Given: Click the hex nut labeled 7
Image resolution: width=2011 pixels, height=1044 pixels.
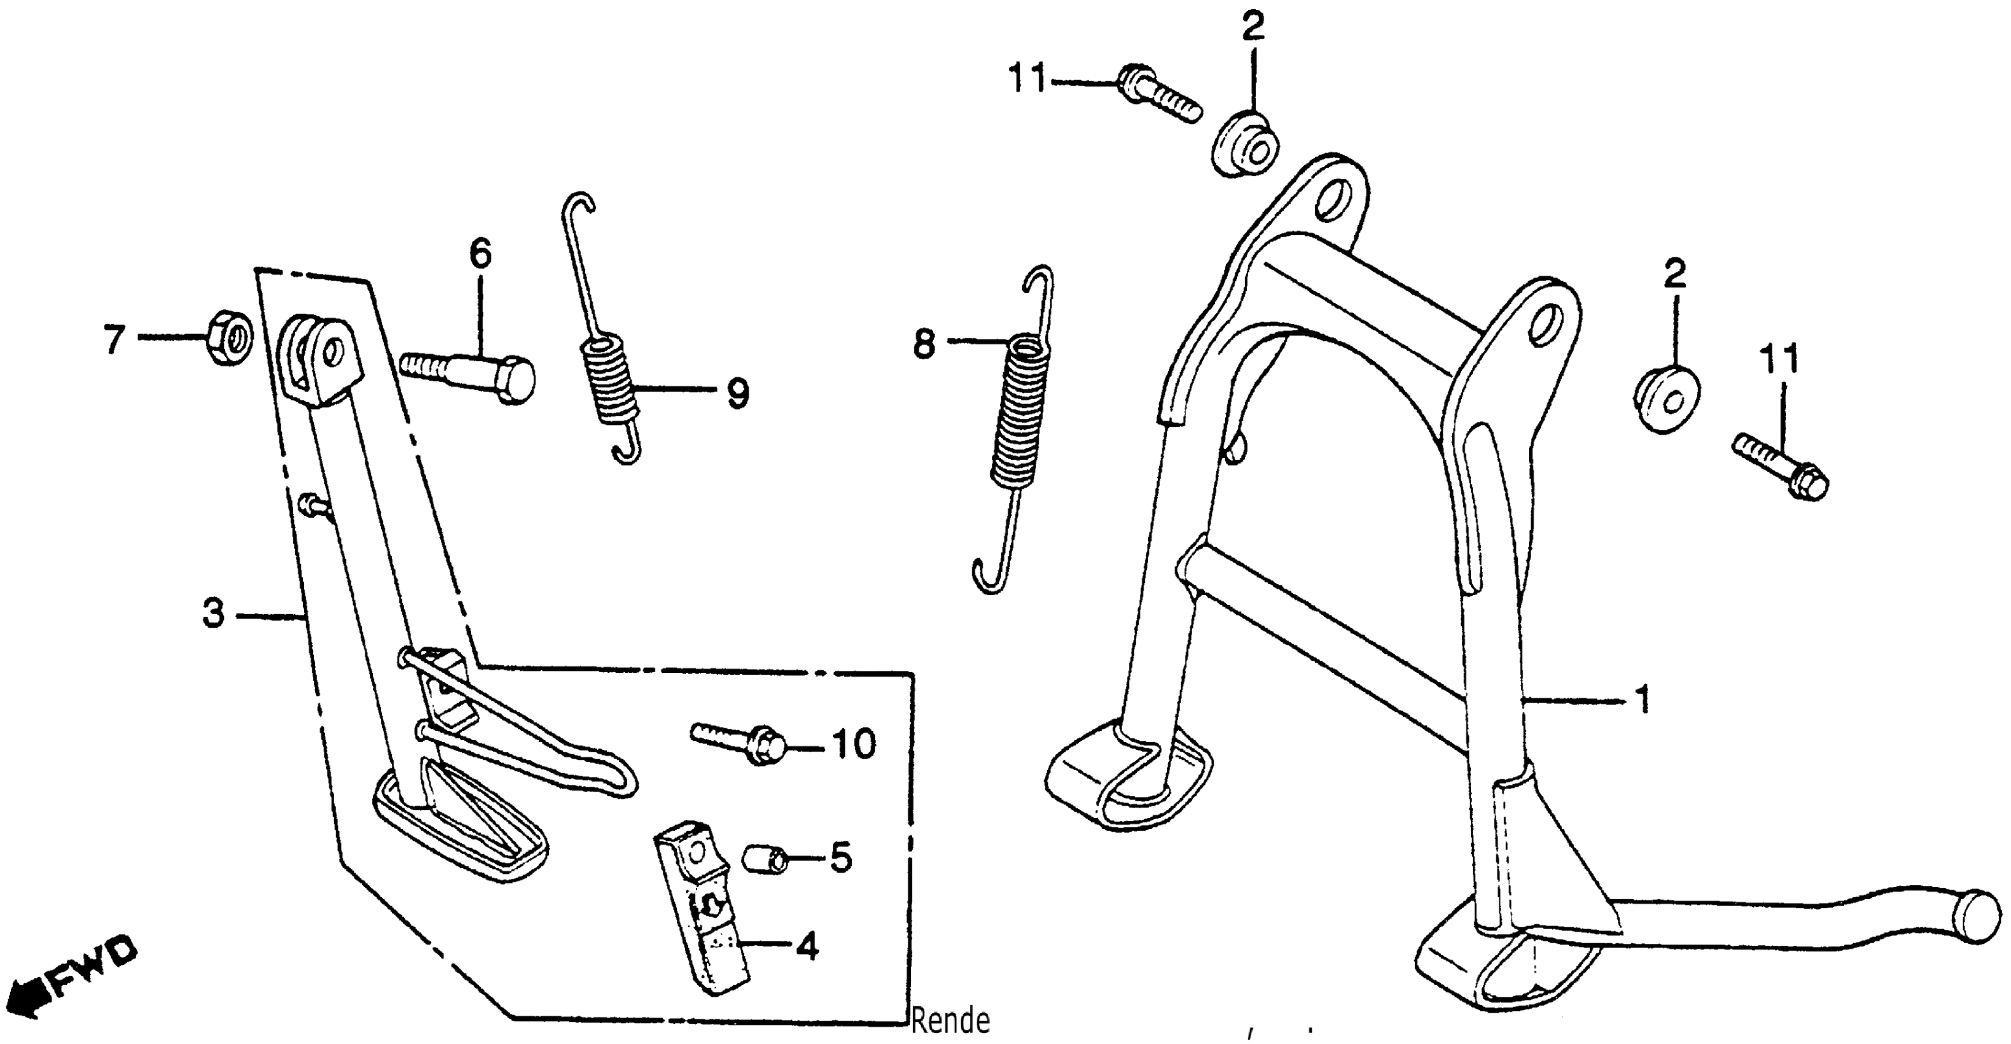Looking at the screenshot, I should [228, 337].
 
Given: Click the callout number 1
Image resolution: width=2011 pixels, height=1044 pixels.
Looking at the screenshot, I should [1642, 698].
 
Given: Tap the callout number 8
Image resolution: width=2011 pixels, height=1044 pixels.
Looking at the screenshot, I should [924, 343].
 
